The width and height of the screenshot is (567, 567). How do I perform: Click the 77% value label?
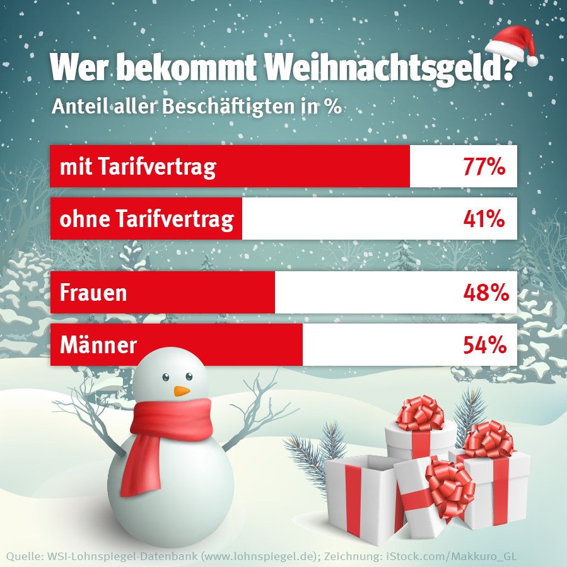(x=484, y=167)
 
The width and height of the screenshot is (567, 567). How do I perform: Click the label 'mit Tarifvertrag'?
(x=137, y=167)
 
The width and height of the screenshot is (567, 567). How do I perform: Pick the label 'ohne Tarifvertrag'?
(x=146, y=219)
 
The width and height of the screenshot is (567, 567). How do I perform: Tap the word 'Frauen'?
(x=93, y=293)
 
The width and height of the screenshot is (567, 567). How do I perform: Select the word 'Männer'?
(x=98, y=345)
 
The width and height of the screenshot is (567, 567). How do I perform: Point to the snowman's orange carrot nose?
(x=182, y=391)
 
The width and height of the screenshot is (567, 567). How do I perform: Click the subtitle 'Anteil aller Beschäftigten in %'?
(x=196, y=105)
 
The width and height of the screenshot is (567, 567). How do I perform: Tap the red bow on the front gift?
(x=449, y=482)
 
